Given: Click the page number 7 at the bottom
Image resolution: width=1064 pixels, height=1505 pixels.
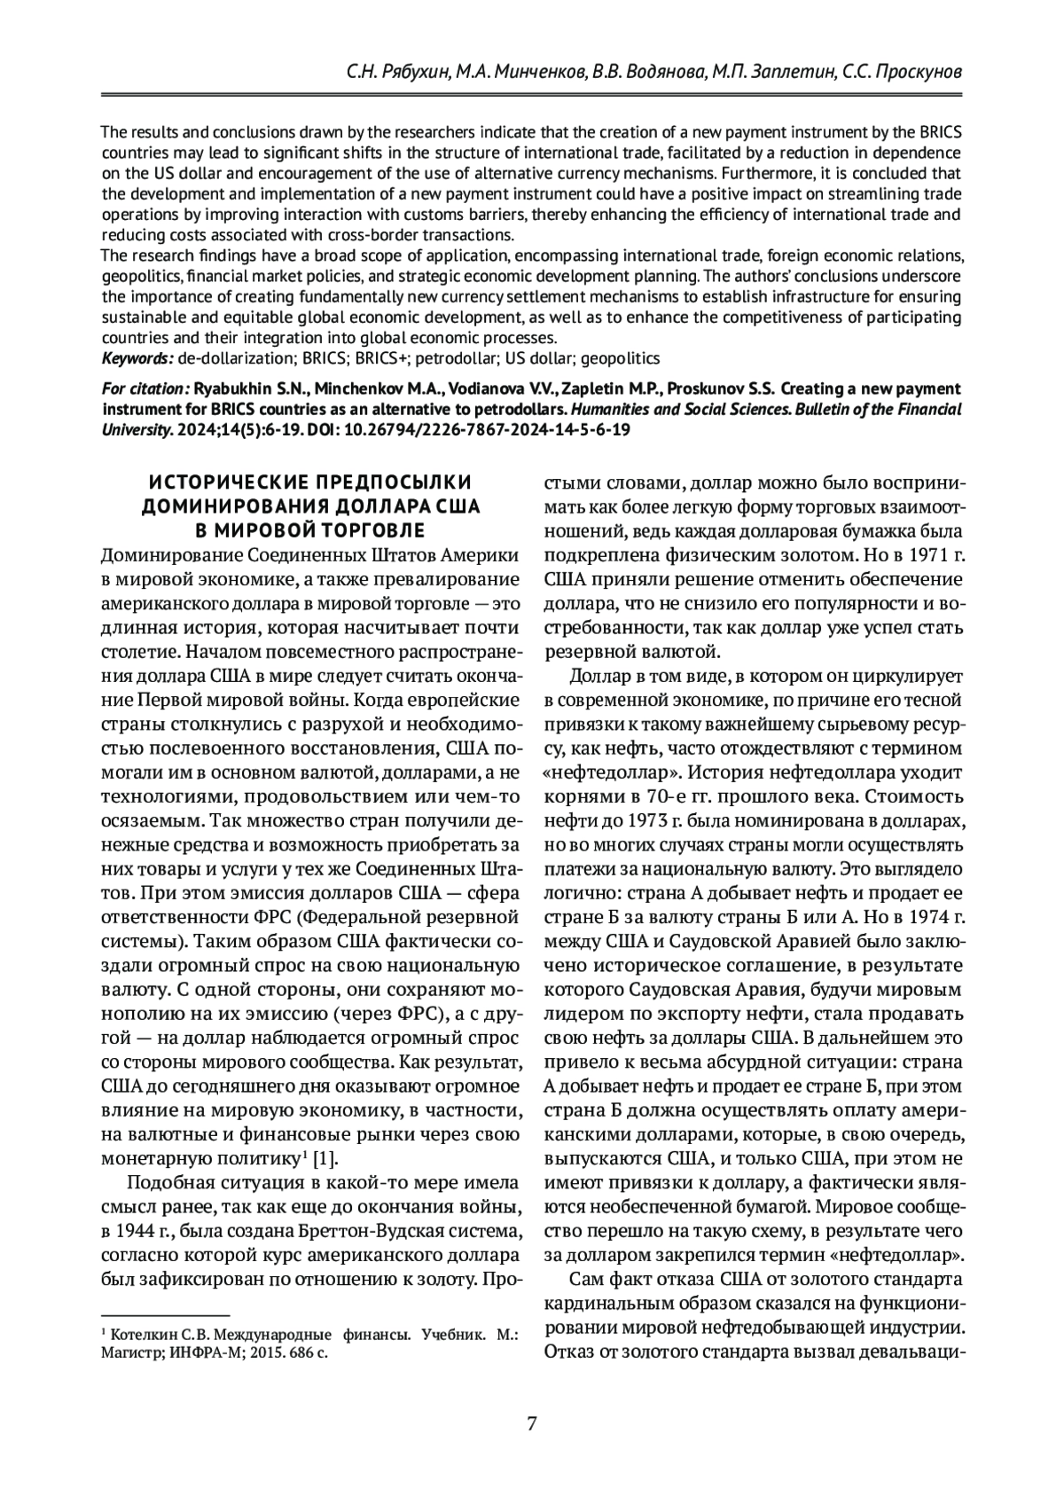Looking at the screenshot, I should tap(531, 1425).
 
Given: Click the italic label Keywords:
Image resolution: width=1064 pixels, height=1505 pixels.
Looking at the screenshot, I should tap(137, 358).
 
